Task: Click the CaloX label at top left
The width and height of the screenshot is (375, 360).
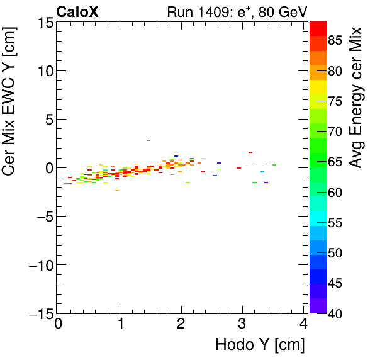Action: (77, 11)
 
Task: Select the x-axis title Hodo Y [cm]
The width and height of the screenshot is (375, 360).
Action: (260, 345)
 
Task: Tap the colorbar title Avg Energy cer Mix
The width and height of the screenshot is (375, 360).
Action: (357, 97)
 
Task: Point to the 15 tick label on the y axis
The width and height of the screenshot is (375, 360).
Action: (45, 23)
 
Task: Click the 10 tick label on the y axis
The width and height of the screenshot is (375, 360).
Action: (45, 71)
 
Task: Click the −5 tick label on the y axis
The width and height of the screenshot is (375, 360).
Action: (45, 217)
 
